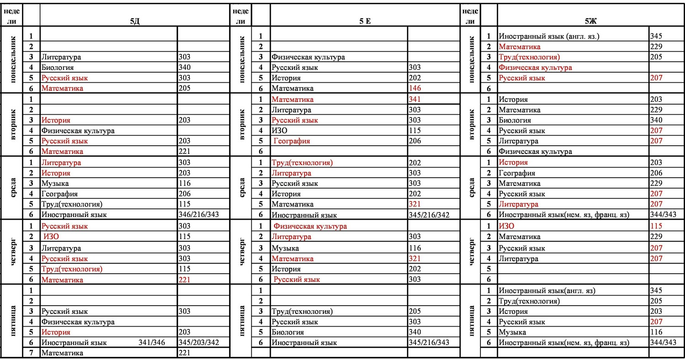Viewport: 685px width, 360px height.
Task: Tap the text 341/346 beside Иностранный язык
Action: tap(152, 342)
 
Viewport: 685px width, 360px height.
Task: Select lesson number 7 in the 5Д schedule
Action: tap(32, 353)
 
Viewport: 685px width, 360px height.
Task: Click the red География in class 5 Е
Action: tap(292, 141)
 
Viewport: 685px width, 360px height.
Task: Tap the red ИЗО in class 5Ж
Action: tap(508, 226)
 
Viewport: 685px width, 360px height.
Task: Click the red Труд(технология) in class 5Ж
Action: tap(529, 57)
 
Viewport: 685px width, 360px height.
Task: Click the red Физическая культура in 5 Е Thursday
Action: tap(310, 226)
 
